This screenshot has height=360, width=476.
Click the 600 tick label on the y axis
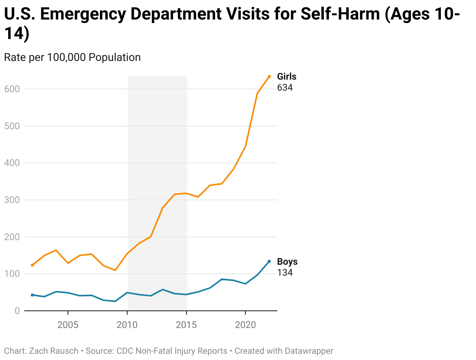click(12, 89)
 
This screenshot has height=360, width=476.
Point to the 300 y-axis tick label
click(12, 200)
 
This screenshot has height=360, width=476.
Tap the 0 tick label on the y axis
click(17, 311)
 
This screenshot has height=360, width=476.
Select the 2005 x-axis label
click(68, 325)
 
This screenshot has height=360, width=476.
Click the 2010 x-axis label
click(127, 325)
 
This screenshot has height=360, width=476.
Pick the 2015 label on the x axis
click(186, 325)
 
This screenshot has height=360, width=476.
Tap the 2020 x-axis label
click(245, 325)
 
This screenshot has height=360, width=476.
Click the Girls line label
click(287, 77)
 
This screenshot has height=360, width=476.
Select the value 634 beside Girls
click(285, 87)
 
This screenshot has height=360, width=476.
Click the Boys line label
click(287, 262)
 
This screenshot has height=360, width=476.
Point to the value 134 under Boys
click(285, 273)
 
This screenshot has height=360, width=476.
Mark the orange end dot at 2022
click(269, 77)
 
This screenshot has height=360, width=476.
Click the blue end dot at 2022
click(269, 261)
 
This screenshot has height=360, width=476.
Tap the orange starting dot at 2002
click(32, 265)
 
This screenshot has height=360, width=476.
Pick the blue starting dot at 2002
click(32, 295)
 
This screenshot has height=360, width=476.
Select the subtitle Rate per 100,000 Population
click(72, 57)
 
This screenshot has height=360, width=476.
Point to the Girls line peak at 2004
click(56, 250)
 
